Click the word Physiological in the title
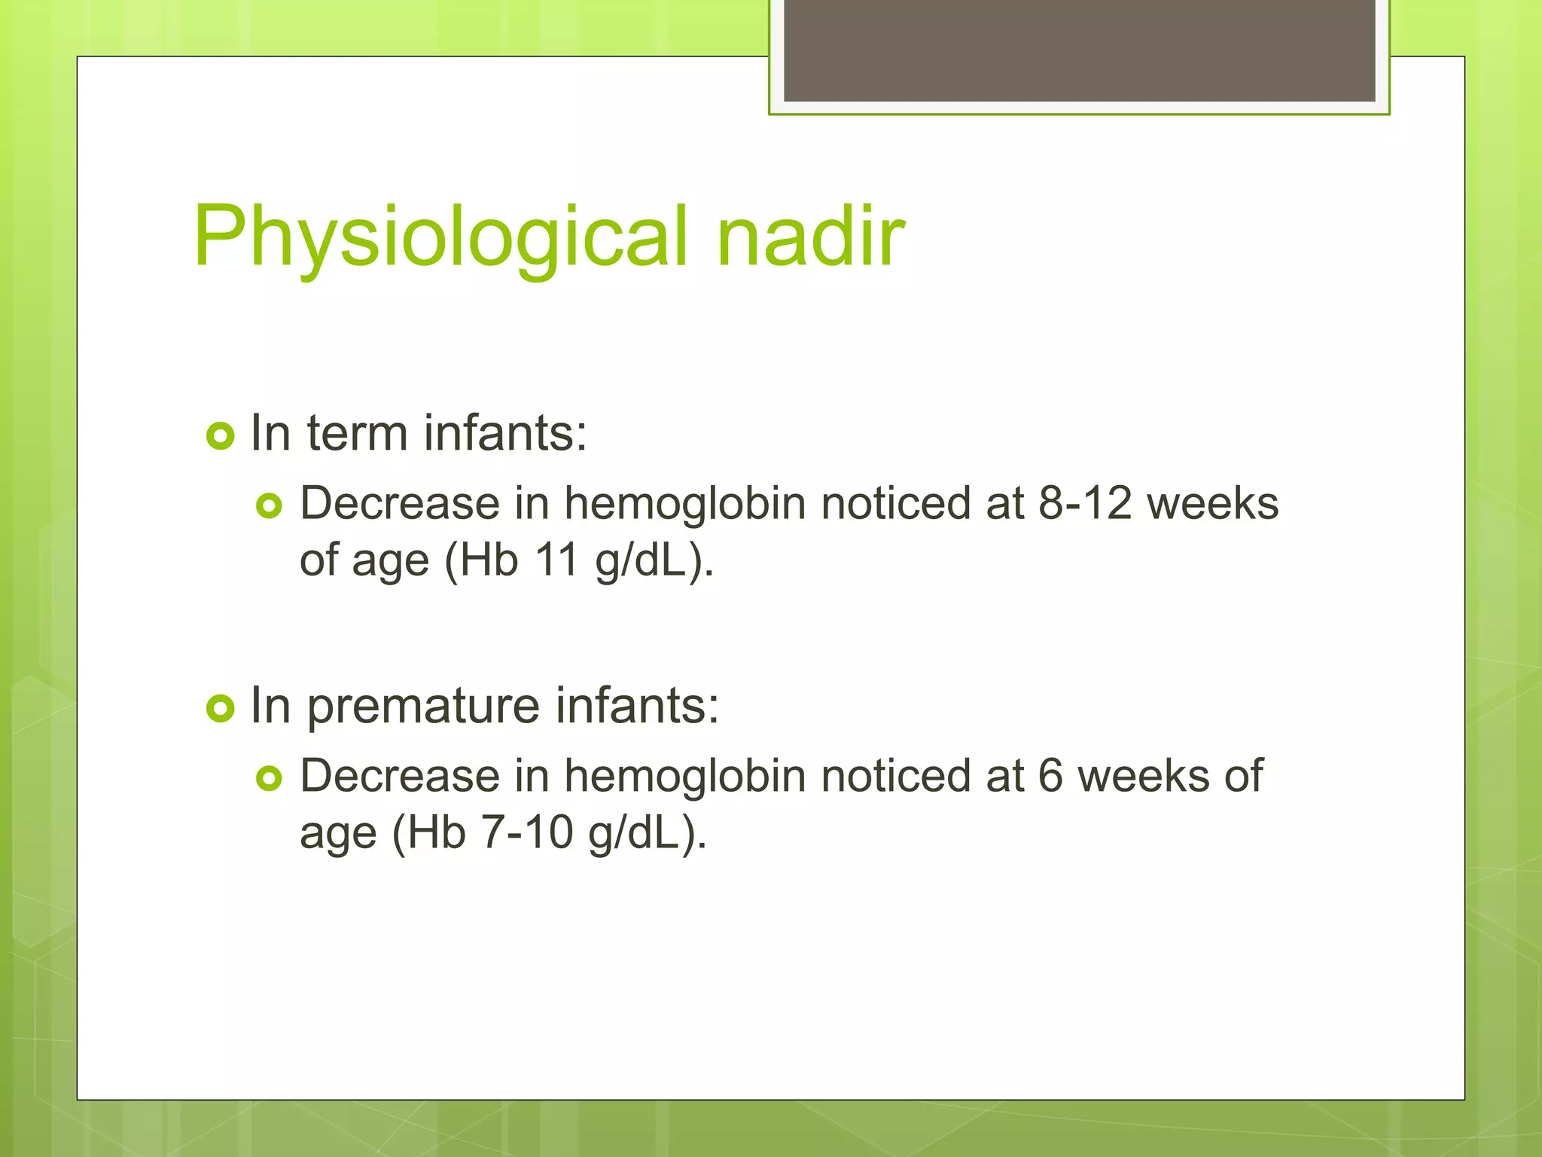pyautogui.click(x=440, y=237)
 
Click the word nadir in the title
pyautogui.click(x=810, y=237)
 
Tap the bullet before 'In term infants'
pyautogui.click(x=220, y=435)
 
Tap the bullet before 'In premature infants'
pyautogui.click(x=220, y=708)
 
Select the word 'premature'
pyautogui.click(x=424, y=708)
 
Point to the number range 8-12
pyautogui.click(x=1084, y=503)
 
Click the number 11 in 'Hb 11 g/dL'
pyautogui.click(x=556, y=560)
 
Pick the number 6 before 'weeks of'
pyautogui.click(x=1050, y=776)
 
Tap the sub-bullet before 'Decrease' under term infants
pyautogui.click(x=269, y=505)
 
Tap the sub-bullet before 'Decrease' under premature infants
pyautogui.click(x=269, y=778)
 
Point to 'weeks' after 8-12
pyautogui.click(x=1212, y=503)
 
